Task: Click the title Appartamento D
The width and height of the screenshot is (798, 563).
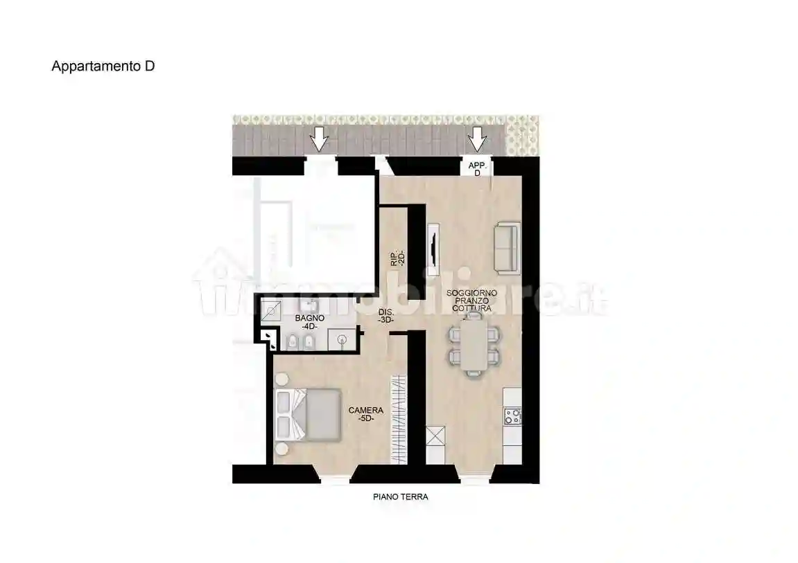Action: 103,66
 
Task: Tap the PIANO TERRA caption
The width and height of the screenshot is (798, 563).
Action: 400,497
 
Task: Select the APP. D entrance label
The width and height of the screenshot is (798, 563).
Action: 477,169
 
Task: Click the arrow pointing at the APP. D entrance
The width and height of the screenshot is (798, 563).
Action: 476,140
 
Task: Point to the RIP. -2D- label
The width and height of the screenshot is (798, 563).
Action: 397,258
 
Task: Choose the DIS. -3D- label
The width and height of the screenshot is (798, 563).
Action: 386,316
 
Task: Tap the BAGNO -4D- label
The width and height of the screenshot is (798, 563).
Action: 306,322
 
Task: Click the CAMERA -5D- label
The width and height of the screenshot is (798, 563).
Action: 365,414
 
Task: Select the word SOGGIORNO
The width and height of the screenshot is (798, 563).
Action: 471,294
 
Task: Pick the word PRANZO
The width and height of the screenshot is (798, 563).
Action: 471,301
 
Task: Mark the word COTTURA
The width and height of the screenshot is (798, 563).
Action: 471,309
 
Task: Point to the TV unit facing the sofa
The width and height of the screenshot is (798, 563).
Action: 433,247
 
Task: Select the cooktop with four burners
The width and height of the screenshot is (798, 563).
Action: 513,416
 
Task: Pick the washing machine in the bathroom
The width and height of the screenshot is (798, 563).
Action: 342,339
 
